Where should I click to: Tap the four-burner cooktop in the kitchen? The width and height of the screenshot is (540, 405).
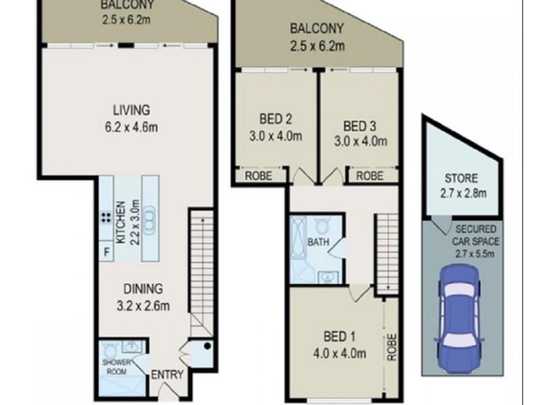point(107,217)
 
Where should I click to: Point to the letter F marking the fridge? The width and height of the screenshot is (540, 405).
point(106,253)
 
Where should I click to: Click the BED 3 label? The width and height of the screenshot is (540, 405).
point(360,126)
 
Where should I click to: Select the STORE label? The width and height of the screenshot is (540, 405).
point(461,179)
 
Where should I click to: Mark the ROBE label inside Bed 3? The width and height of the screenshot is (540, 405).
point(370,175)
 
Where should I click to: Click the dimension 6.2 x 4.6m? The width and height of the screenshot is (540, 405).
point(131,126)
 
